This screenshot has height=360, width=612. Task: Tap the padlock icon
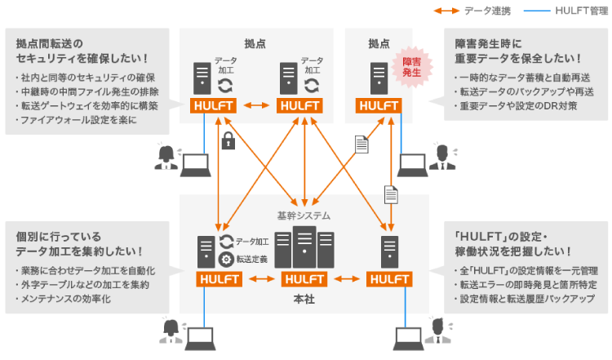[x=228, y=141]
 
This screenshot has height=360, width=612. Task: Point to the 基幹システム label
[x=304, y=216]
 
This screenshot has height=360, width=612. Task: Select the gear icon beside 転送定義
[x=227, y=259]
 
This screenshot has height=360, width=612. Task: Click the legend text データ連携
[x=487, y=11]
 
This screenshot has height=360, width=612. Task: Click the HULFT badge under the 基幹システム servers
[x=304, y=279]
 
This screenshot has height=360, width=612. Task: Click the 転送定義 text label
[x=253, y=259]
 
